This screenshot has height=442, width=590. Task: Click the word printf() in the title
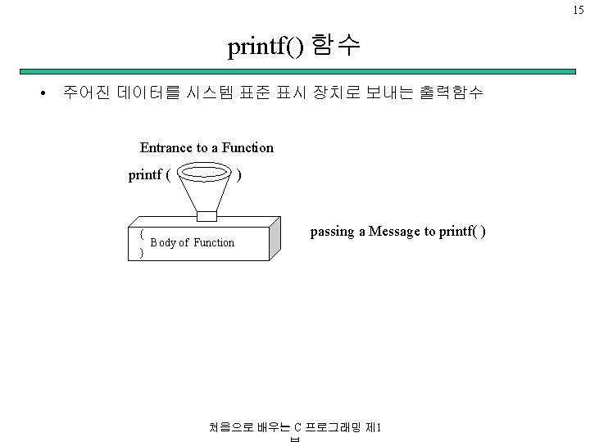click(x=266, y=48)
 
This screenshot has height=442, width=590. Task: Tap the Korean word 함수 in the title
click(x=336, y=47)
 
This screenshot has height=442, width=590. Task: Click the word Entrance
click(x=166, y=148)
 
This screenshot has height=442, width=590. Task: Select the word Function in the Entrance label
click(x=247, y=148)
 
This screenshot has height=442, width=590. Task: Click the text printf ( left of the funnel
click(x=149, y=174)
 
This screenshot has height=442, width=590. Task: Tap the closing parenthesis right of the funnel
click(x=238, y=174)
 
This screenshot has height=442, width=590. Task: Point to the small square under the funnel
click(x=206, y=215)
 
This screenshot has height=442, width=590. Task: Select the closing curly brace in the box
click(x=142, y=253)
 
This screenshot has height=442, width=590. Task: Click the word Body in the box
click(x=162, y=242)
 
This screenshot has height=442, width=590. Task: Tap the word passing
click(x=331, y=232)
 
